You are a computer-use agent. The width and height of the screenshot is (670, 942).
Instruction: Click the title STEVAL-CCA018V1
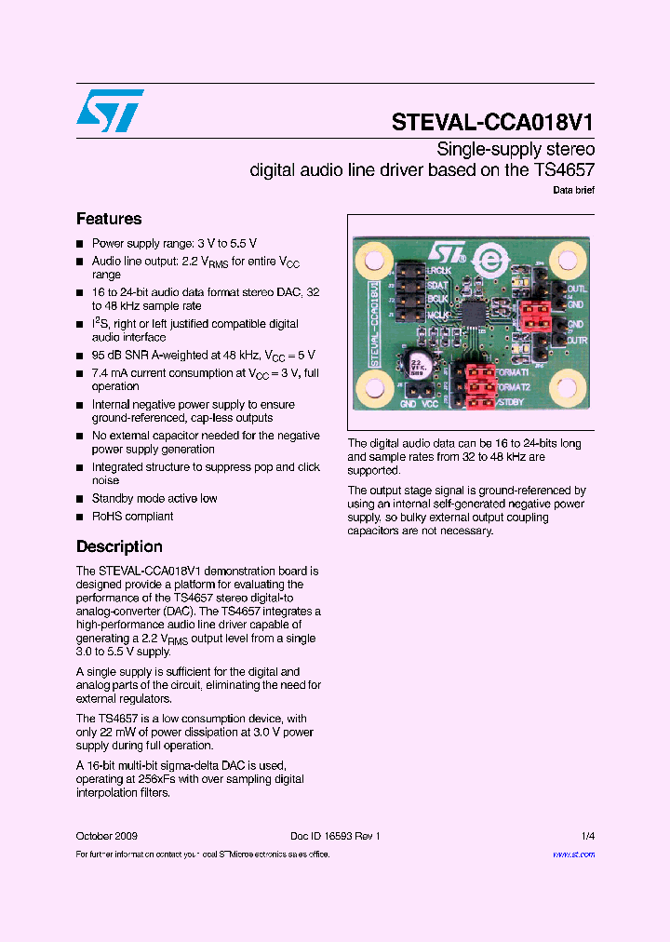[x=493, y=123]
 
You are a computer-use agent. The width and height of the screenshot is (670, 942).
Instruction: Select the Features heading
[x=109, y=219]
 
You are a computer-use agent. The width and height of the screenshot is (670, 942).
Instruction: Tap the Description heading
[x=119, y=546]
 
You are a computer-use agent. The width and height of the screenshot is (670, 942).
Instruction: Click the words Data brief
[x=573, y=190]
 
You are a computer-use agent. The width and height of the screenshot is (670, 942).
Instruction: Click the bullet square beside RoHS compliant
[x=80, y=517]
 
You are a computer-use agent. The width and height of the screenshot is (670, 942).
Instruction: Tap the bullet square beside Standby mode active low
[x=80, y=499]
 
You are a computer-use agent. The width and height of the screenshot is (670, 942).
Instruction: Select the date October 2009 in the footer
[x=107, y=836]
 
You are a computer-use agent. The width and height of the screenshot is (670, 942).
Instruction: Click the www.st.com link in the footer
[x=573, y=854]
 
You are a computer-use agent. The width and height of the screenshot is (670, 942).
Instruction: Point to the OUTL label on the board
[x=576, y=289]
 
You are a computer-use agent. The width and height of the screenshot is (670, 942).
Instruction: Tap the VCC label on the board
[x=430, y=404]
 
